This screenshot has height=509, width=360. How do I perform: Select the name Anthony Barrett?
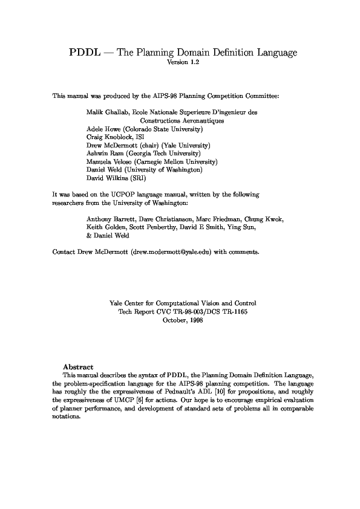click(x=110, y=219)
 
